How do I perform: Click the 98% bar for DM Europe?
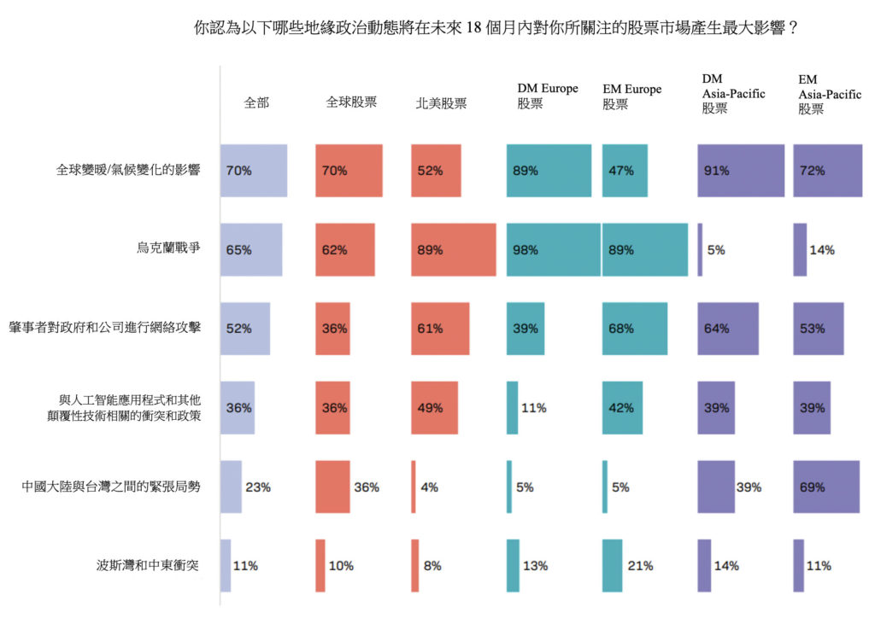pos(553,250)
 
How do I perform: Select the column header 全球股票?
pos(351,102)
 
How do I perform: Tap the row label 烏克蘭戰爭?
pos(168,250)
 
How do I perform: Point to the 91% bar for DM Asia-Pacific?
pos(741,171)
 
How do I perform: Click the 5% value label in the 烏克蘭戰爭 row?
pos(716,250)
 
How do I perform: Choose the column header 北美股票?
pos(441,102)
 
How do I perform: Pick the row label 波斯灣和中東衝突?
pos(150,565)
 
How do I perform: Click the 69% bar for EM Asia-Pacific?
pos(826,487)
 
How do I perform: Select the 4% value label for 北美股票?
pos(430,487)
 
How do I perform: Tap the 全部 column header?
pos(256,102)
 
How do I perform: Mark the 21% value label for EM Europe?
pos(641,565)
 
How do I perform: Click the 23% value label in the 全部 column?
pos(258,487)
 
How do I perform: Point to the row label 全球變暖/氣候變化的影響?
pos(128,171)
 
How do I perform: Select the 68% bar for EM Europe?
pos(635,329)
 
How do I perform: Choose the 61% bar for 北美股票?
pos(440,329)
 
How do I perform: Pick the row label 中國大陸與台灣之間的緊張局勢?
pos(111,487)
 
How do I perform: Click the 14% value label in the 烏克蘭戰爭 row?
pos(822,250)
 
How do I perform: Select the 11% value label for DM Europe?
pos(534,408)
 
